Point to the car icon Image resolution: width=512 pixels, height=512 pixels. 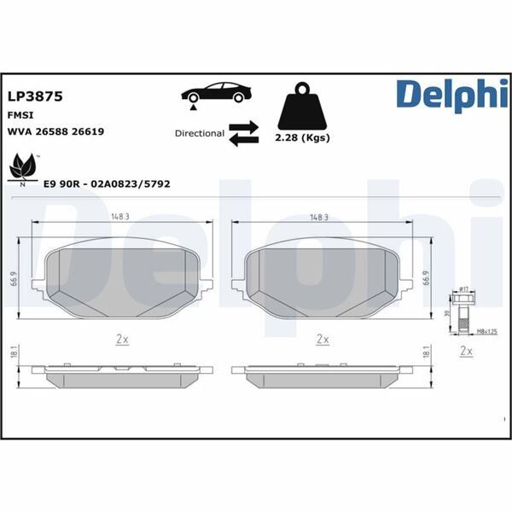coord(216,93)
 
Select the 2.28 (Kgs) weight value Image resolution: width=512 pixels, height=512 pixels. coord(304,138)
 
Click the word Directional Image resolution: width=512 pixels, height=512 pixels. coord(199,133)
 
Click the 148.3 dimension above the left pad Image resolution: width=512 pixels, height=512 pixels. coord(120,217)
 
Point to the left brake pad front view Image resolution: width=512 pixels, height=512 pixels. coord(121,279)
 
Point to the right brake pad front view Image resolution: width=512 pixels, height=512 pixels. coord(322,279)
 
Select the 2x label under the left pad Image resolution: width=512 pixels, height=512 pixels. coord(121,339)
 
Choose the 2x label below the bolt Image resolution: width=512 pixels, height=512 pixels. coord(466,351)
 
